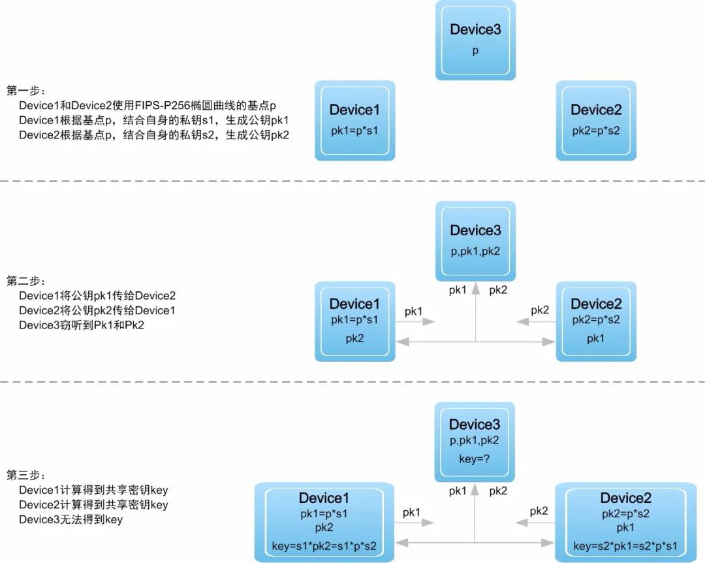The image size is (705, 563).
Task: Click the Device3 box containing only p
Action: (x=475, y=40)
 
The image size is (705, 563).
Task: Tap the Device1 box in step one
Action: (x=354, y=121)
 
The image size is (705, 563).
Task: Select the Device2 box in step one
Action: (x=596, y=121)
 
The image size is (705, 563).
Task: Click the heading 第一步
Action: (x=25, y=90)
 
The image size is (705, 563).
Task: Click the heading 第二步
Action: (x=25, y=281)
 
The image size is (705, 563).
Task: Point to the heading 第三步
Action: (x=25, y=475)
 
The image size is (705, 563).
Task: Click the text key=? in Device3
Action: (x=475, y=458)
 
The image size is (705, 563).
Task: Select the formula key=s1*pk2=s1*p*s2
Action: (x=324, y=547)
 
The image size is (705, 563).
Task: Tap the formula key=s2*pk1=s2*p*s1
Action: (x=625, y=547)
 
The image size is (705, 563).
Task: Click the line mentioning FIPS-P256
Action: (x=147, y=105)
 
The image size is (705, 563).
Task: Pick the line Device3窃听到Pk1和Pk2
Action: (x=82, y=325)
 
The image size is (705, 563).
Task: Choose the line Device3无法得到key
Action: (x=70, y=519)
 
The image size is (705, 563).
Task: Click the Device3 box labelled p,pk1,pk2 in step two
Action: (x=475, y=241)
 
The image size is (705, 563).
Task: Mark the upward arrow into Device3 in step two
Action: (x=476, y=313)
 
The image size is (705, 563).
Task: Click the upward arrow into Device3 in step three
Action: (x=475, y=513)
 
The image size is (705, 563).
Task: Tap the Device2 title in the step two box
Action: (x=596, y=304)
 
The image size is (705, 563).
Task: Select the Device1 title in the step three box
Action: (x=324, y=498)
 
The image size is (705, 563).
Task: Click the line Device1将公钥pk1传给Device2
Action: (x=97, y=296)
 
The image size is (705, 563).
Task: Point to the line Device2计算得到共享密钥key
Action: (x=93, y=504)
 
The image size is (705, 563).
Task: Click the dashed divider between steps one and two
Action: (x=352, y=181)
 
